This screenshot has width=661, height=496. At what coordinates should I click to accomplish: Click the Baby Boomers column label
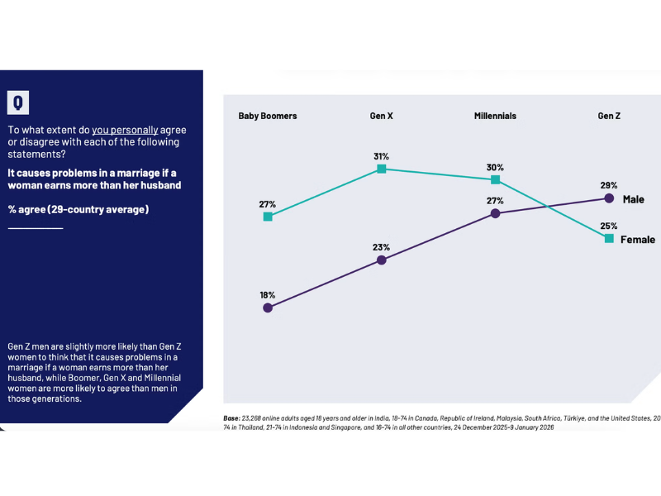(268, 116)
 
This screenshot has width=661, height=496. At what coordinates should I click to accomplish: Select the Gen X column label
(381, 116)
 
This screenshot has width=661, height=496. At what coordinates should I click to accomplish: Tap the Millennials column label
(495, 116)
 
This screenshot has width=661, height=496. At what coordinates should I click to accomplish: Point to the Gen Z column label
(609, 116)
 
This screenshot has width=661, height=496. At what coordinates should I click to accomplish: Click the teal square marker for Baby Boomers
(268, 217)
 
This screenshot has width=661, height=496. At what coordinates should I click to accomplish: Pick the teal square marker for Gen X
(382, 169)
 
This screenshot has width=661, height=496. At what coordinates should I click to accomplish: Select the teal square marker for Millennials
(495, 179)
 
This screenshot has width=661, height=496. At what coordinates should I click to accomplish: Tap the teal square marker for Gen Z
(609, 238)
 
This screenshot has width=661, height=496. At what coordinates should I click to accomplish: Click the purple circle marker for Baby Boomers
(268, 308)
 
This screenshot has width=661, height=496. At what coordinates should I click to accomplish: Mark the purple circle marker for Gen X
(382, 260)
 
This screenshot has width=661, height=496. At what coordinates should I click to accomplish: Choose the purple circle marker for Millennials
(495, 212)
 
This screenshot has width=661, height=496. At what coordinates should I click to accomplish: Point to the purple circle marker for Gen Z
(609, 198)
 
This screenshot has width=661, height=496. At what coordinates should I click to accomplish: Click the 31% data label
(381, 155)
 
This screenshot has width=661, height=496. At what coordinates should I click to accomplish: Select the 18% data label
(268, 294)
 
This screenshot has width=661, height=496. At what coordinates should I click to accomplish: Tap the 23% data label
(381, 246)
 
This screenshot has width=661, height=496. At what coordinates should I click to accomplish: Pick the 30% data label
(495, 167)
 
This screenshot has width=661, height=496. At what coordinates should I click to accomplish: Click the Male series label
(633, 199)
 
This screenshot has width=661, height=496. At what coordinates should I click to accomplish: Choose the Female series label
(638, 239)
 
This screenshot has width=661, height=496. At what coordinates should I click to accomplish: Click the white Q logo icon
(18, 103)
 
